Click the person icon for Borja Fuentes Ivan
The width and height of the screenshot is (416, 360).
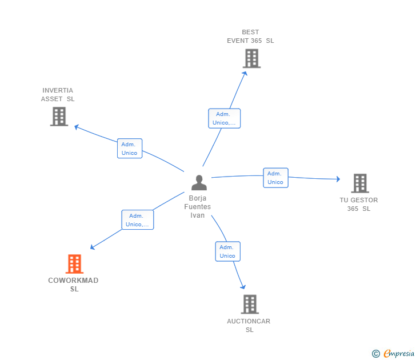coord(199,183)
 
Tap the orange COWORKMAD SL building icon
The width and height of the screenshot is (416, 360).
coord(74,264)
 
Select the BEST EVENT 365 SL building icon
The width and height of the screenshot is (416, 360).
coord(251,58)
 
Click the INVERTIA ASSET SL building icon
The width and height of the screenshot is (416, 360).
coord(59,117)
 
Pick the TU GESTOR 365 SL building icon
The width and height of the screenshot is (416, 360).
coord(359,183)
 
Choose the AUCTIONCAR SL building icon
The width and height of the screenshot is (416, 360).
coord(250,304)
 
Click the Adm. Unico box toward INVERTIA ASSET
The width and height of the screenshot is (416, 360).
coord(130,149)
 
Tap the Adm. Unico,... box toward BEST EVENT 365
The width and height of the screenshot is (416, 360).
coord(224,118)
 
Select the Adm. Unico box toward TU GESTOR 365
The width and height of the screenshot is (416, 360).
coord(275,178)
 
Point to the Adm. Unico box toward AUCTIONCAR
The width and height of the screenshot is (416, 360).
coord(227,251)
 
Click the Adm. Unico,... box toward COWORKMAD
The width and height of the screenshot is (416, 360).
coord(137,220)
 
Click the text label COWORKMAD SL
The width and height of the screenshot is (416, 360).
coord(74,285)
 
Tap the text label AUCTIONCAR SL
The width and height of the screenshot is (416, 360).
coord(249,325)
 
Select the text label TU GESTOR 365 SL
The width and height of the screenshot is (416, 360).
coord(359,205)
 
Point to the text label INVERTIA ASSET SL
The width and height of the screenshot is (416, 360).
coord(58,95)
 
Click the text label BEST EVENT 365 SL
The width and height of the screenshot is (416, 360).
coord(250,37)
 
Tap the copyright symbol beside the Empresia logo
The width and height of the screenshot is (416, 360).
coord(376,354)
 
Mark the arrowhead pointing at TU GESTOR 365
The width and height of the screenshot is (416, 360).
coord(338,179)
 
